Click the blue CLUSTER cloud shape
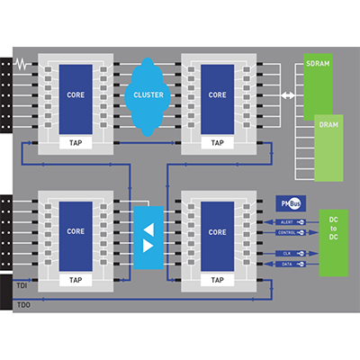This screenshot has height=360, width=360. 148,94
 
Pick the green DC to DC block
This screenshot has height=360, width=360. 333,242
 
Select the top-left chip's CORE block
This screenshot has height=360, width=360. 76,94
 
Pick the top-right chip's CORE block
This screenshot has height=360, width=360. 216,94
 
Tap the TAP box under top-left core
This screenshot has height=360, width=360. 76,141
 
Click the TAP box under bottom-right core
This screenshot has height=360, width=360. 216,280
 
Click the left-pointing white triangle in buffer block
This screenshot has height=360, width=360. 148,227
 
